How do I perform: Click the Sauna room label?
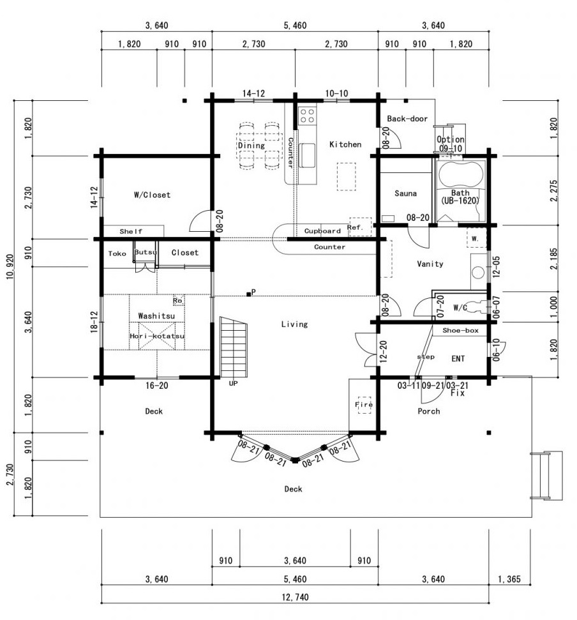pyautogui.click(x=405, y=193)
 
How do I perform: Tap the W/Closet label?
pyautogui.click(x=152, y=195)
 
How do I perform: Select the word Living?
pyautogui.click(x=294, y=324)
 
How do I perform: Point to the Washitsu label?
pyautogui.click(x=156, y=316)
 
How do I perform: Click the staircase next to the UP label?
pyautogui.click(x=234, y=347)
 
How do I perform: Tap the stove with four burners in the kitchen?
pyautogui.click(x=307, y=115)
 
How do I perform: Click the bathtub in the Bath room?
pyautogui.click(x=461, y=174)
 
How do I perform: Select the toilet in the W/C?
pyautogui.click(x=478, y=306)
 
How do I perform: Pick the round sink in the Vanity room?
pyautogui.click(x=478, y=273)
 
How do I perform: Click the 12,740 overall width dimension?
pyautogui.click(x=296, y=597)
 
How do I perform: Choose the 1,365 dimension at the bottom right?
pyautogui.click(x=509, y=579)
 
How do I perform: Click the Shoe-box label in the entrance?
pyautogui.click(x=460, y=330)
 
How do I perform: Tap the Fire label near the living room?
pyautogui.click(x=364, y=405)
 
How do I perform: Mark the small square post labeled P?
pyautogui.click(x=248, y=294)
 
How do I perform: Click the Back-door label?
pyautogui.click(x=407, y=119)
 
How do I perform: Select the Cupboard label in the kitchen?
pyautogui.click(x=322, y=231)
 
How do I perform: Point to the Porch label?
pyautogui.click(x=429, y=411)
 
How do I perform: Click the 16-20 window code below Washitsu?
pyautogui.click(x=157, y=386)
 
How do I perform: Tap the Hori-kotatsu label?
pyautogui.click(x=157, y=336)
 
